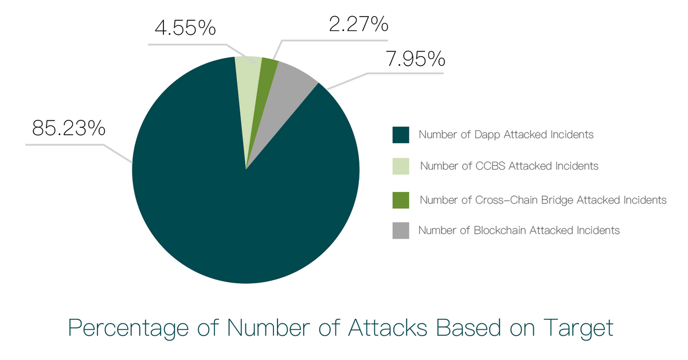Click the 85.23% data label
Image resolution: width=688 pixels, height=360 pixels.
pos(69,128)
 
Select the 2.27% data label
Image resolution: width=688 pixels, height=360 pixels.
pos(358,25)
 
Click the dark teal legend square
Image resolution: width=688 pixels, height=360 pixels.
pos(401,135)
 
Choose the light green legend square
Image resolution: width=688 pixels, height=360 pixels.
pos(401,166)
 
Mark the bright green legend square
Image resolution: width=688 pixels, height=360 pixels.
pos(401,200)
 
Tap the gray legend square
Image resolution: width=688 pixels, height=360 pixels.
pos(401,230)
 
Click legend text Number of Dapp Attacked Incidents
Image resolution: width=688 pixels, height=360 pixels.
pos(506,135)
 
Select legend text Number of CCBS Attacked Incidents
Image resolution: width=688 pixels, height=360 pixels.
pos(509,166)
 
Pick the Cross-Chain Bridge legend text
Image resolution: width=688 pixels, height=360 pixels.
pos(543,200)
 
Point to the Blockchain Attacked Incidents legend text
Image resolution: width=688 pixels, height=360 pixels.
pos(519,230)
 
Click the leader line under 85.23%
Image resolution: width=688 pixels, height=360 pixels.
pos(69,144)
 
